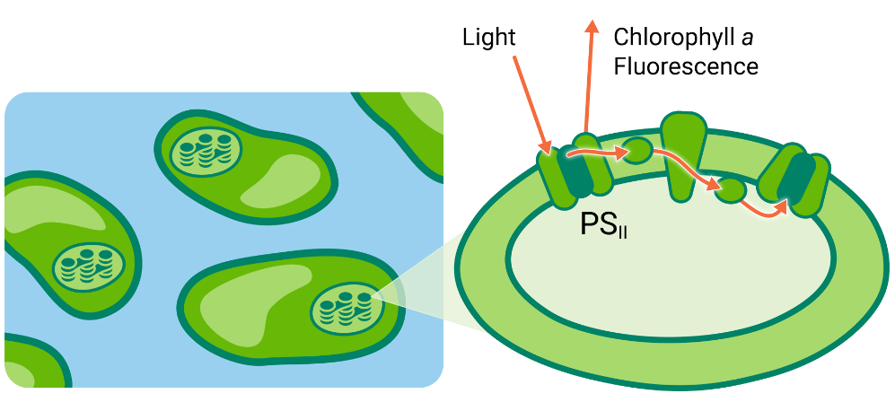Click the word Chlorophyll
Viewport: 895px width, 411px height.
tap(666, 37)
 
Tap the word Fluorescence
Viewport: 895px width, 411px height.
tap(686, 66)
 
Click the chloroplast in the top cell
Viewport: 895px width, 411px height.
tap(206, 152)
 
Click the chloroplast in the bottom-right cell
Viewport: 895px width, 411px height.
tap(347, 308)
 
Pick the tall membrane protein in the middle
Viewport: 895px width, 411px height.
tap(680, 153)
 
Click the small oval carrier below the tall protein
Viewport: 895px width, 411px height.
tap(732, 189)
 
